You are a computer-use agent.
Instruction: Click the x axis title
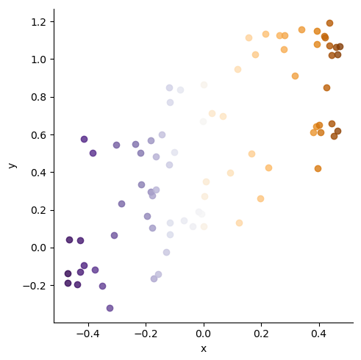[204, 348]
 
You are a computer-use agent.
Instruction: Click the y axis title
[12, 165]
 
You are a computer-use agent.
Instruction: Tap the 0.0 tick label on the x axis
[204, 334]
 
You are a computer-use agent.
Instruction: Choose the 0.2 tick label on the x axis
[261, 334]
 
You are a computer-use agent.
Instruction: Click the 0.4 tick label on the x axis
[318, 334]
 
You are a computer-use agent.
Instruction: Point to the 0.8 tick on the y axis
[54, 97]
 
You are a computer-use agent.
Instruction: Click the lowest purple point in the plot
[110, 308]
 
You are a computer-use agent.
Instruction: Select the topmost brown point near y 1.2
[329, 23]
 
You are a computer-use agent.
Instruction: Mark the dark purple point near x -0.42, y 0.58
[84, 139]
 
